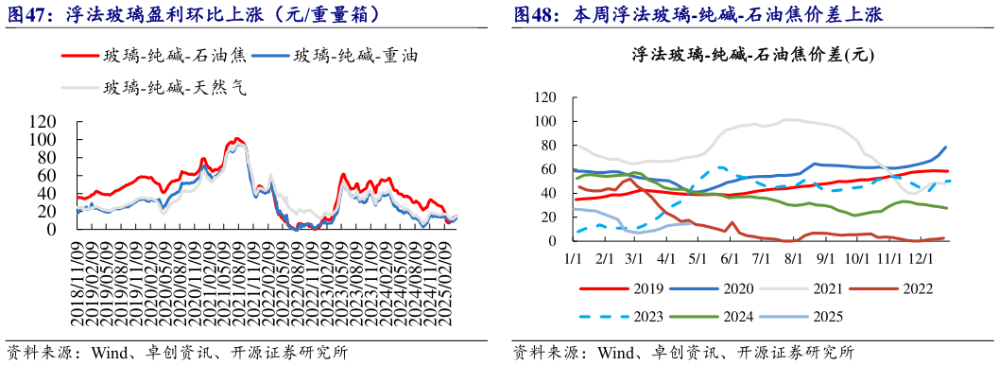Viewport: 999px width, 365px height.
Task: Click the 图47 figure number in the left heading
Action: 30,14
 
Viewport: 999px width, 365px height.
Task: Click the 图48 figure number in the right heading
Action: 537,14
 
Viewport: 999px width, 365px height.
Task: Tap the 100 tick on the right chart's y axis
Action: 544,121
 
